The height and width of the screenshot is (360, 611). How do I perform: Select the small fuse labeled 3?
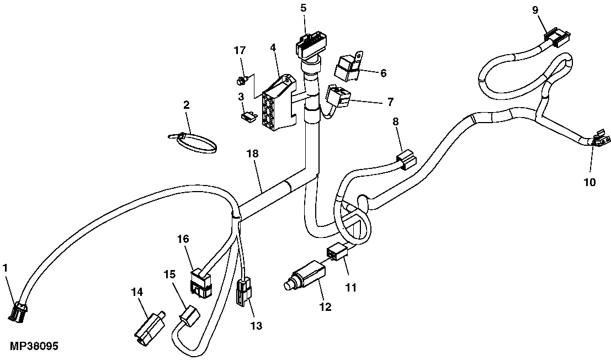coord(249,116)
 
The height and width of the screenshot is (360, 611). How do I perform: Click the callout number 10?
coord(589,182)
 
